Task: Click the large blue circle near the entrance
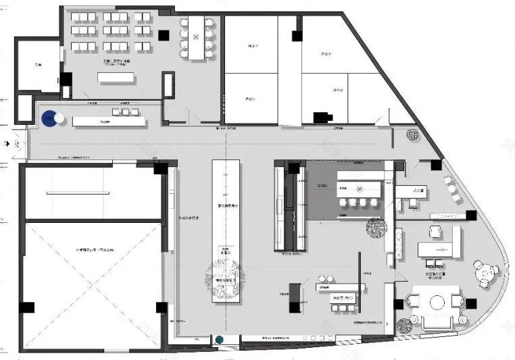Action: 49,119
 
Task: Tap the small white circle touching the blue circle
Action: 59,118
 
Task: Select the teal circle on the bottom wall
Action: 220,340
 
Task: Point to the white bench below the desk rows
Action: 116,78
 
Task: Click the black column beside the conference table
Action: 164,34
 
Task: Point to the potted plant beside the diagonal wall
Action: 412,134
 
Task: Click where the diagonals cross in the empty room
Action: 94,285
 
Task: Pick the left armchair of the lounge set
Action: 413,301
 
